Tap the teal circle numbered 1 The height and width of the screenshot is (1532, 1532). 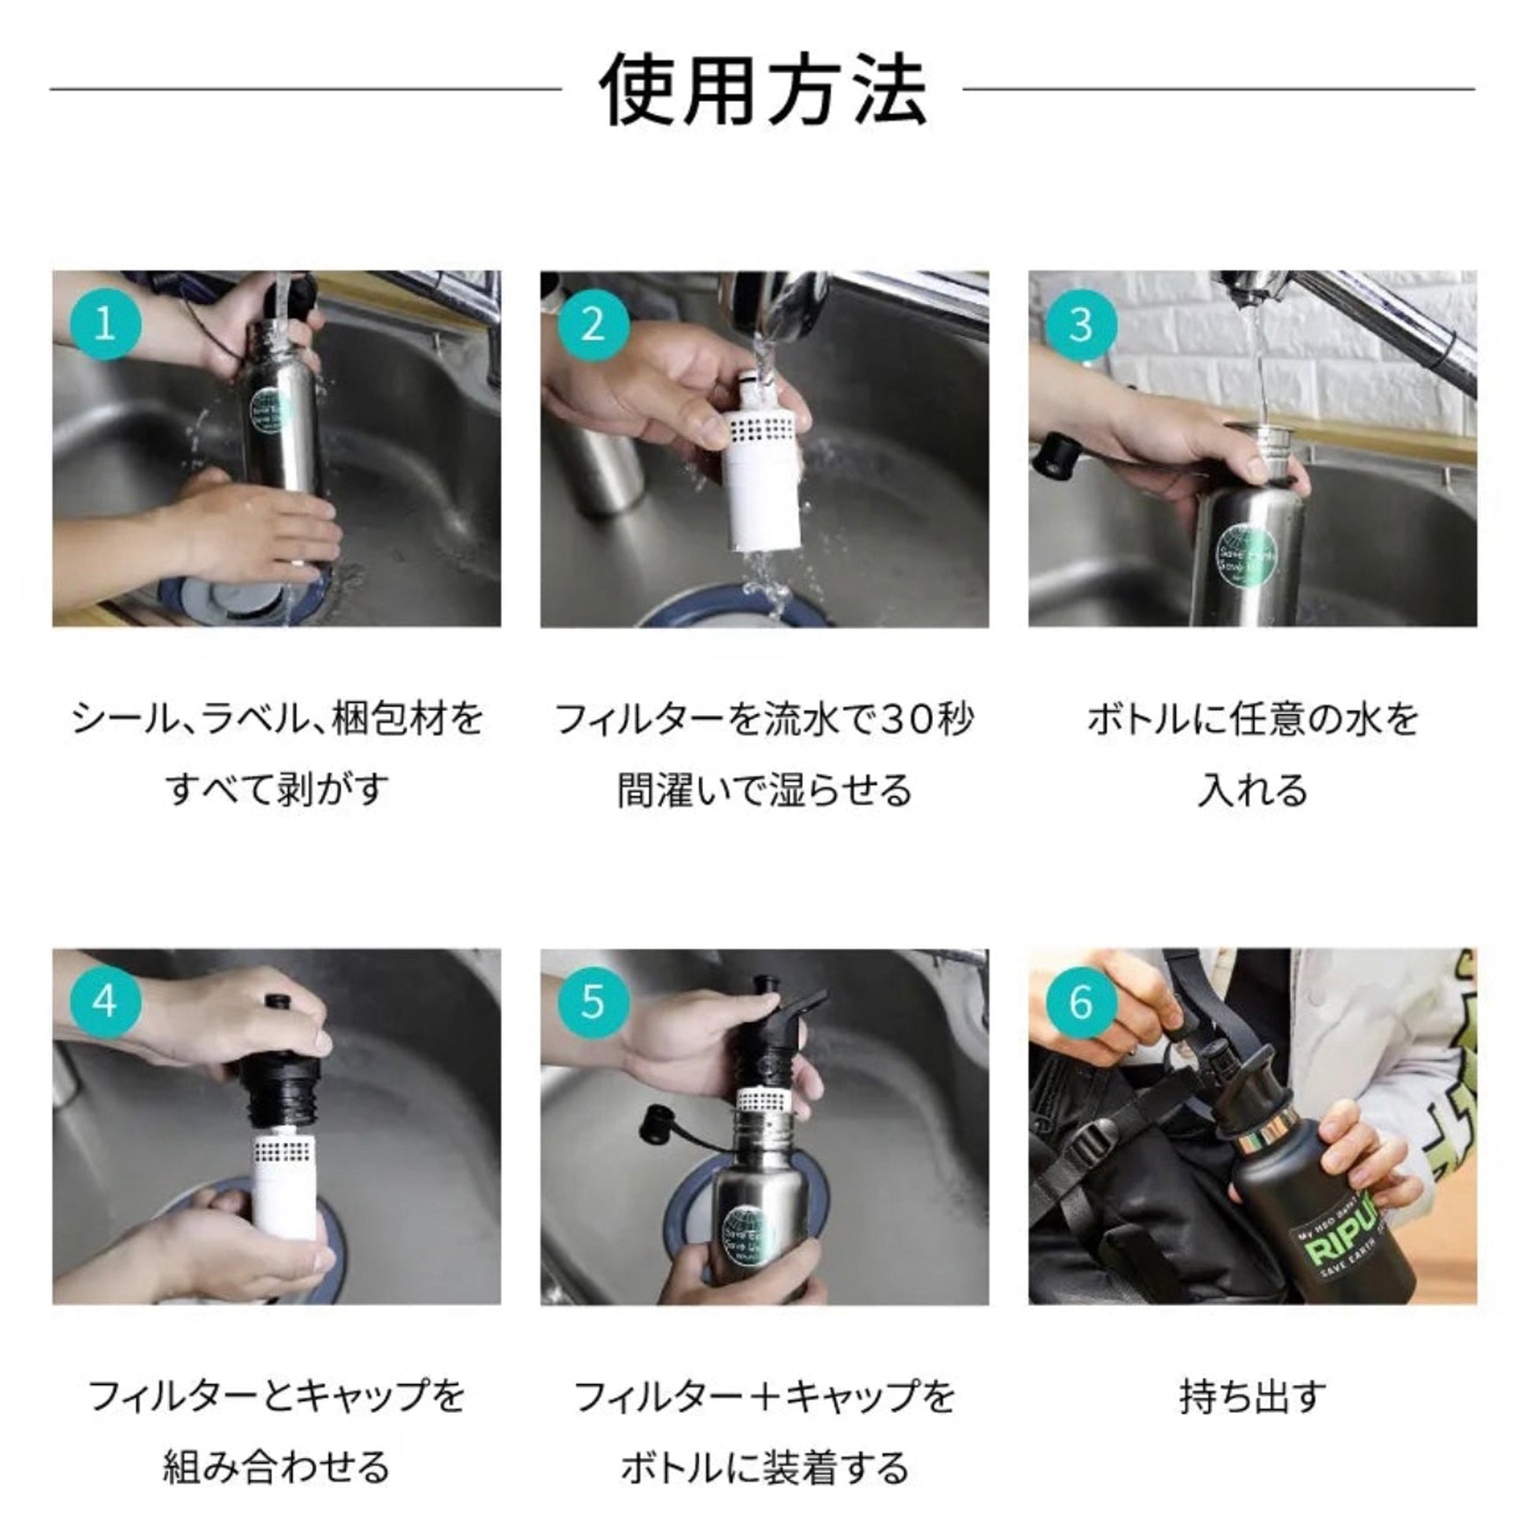click(x=105, y=325)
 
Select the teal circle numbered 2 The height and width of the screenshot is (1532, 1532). click(x=593, y=325)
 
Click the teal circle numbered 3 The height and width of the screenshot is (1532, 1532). click(x=1081, y=325)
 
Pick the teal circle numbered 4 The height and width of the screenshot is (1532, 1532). click(x=105, y=1002)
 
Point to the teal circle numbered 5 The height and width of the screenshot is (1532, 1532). click(x=593, y=1002)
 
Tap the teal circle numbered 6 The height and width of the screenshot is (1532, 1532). click(x=1081, y=1002)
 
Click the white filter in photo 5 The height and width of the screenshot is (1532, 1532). click(x=763, y=1099)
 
